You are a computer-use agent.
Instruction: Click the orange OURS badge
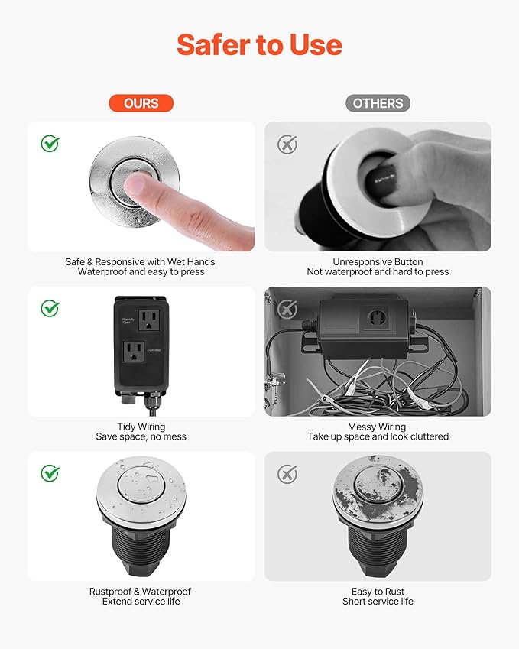click(x=141, y=103)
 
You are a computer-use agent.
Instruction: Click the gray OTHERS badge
click(x=378, y=103)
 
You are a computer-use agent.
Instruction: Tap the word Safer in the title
click(x=217, y=45)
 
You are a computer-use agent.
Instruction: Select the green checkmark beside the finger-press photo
click(x=50, y=143)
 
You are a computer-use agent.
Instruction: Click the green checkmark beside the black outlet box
click(x=50, y=308)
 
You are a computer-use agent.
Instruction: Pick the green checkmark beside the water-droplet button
click(x=50, y=473)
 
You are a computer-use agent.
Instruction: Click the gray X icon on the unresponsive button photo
click(x=287, y=144)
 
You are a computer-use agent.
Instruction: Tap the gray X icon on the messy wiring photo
click(x=287, y=309)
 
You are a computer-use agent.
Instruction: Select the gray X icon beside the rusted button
click(x=287, y=474)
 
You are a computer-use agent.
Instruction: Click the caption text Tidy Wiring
click(x=141, y=427)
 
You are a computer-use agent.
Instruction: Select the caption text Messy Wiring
click(x=378, y=427)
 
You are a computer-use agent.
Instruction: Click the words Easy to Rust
click(x=378, y=592)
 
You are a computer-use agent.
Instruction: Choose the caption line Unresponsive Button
click(x=378, y=261)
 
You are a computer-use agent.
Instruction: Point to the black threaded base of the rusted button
click(x=378, y=546)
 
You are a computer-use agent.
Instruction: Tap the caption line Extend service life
click(x=141, y=602)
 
